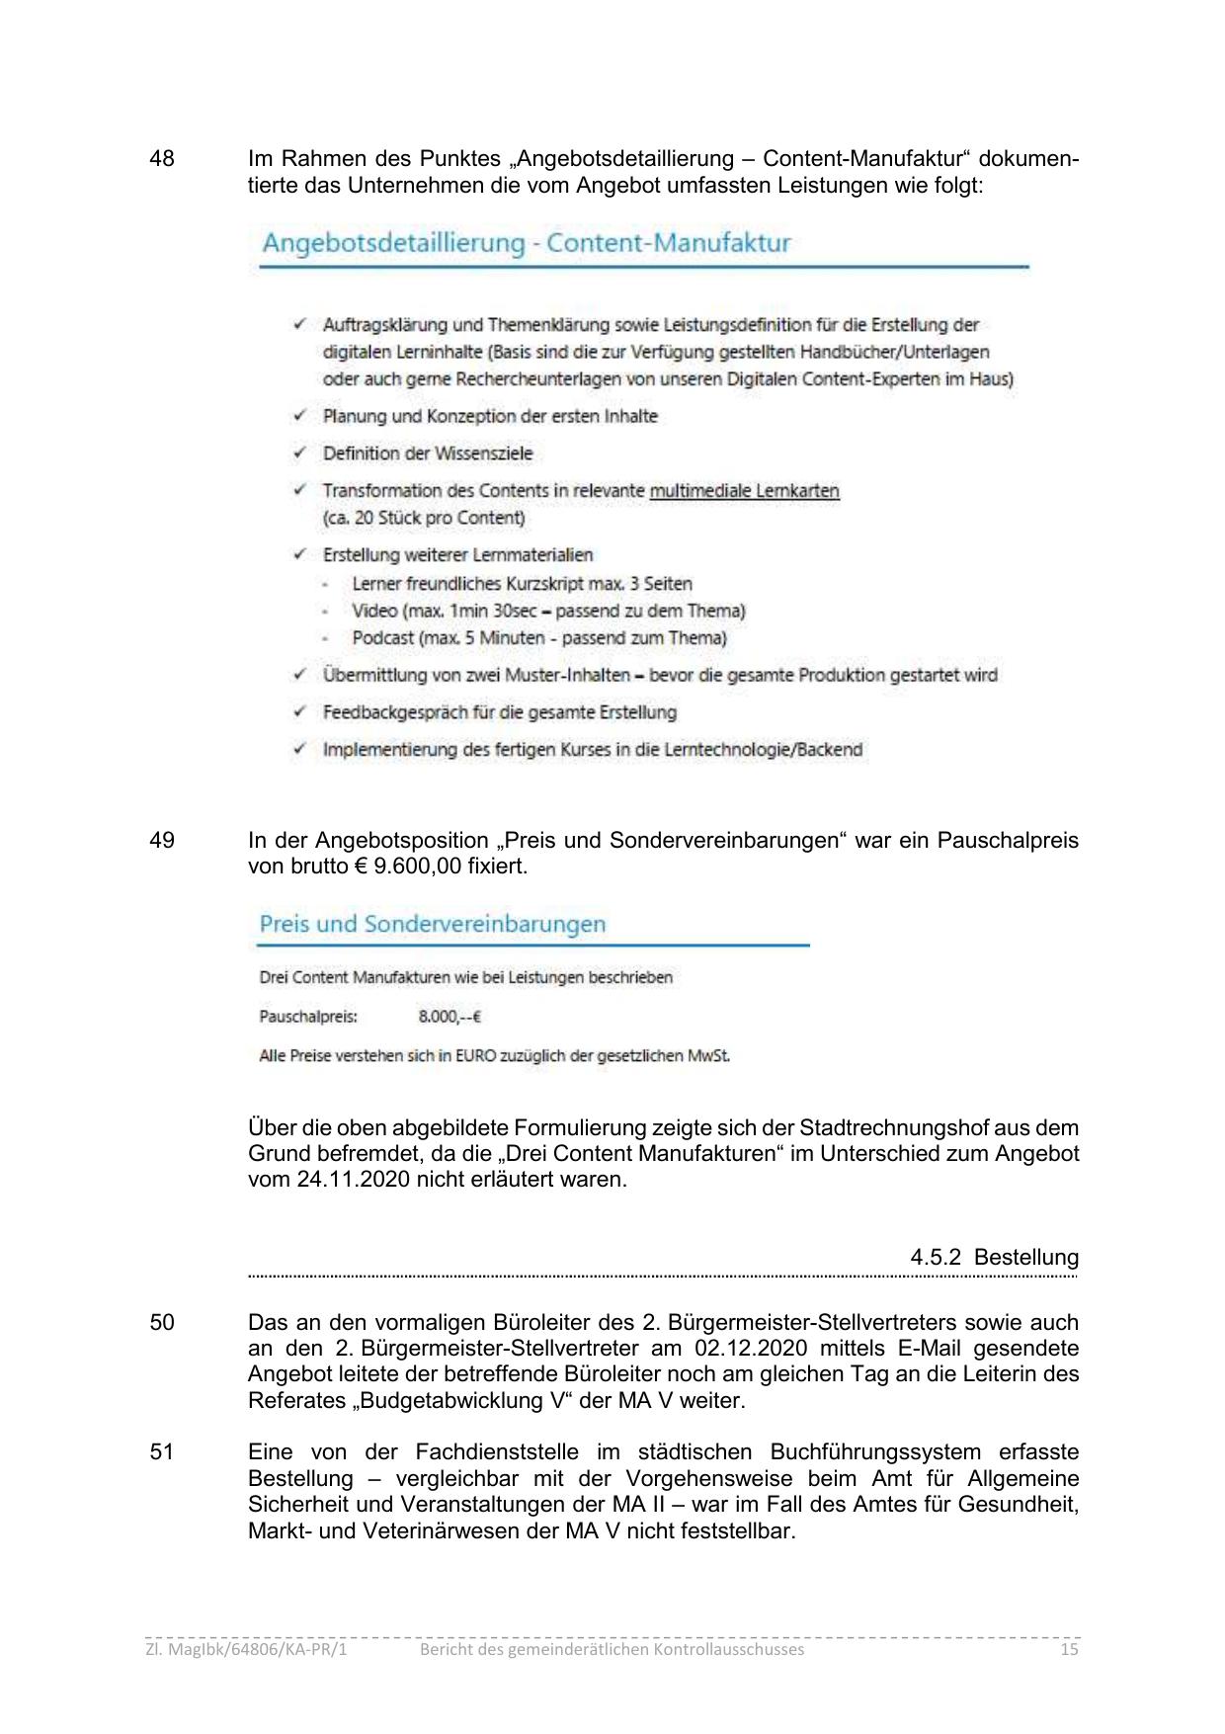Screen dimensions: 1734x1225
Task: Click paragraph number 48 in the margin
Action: point(162,159)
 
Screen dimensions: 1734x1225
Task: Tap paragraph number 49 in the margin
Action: point(162,841)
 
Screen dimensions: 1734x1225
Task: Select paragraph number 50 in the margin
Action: point(162,1323)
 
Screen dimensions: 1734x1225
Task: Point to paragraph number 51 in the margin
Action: point(162,1452)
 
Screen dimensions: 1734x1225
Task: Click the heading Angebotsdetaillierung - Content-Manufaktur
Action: point(526,243)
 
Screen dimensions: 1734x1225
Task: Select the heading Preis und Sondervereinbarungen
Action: point(432,925)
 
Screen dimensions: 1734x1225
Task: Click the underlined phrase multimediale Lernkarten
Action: point(744,491)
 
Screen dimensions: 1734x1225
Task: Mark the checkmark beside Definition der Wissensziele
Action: point(299,454)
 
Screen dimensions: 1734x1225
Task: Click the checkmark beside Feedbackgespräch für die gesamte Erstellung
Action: point(299,712)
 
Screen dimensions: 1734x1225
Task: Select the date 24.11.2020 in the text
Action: point(353,1180)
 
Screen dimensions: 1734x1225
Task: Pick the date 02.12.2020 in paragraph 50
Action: point(751,1349)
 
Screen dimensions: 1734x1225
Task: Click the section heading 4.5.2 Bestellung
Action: point(994,1258)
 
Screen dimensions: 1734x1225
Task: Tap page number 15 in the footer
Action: point(1068,1650)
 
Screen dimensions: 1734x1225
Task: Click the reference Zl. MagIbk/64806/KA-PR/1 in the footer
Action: point(246,1650)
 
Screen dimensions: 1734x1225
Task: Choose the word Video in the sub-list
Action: point(374,612)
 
